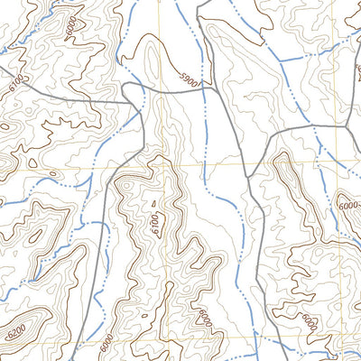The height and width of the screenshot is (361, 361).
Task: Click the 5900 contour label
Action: [188, 81]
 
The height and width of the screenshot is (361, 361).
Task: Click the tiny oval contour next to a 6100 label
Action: [153, 205]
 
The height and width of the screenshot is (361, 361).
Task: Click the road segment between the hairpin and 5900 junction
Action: [162, 89]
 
